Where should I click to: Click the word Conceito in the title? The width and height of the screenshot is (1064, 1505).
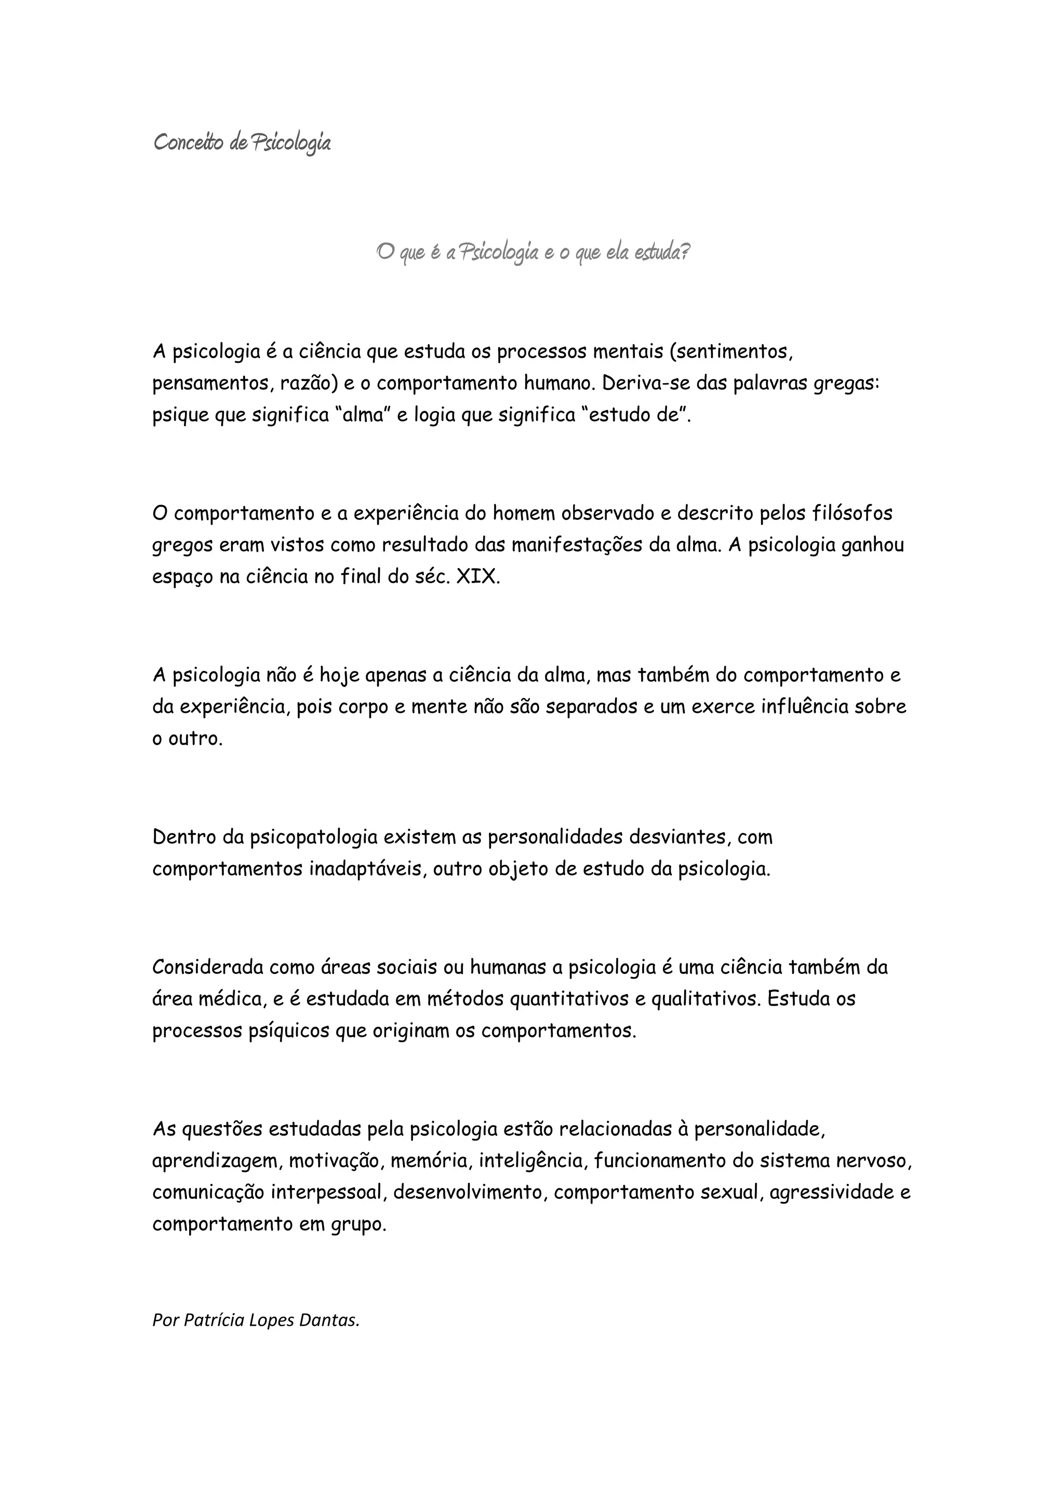tap(188, 142)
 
